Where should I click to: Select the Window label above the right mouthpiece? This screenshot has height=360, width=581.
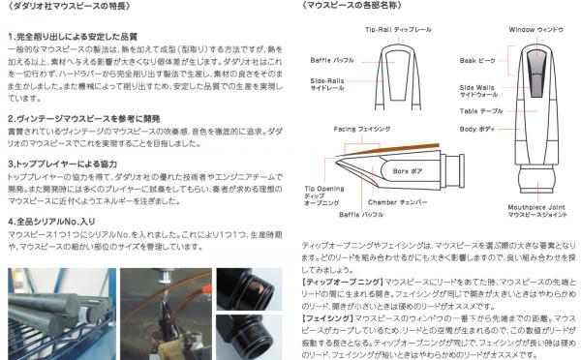point(535,30)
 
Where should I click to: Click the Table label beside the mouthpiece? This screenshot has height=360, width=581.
point(481,111)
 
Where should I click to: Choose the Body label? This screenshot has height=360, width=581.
point(479,128)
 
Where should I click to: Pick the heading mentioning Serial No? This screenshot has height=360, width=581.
point(53,221)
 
